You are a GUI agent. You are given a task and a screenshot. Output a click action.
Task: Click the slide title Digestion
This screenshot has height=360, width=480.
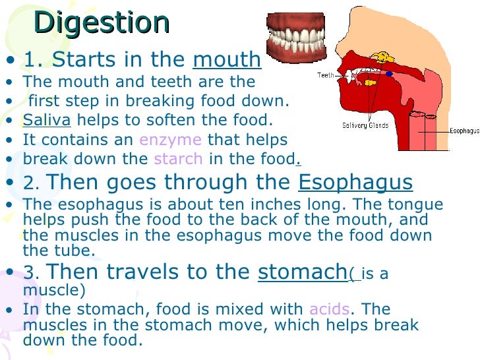[x=102, y=23]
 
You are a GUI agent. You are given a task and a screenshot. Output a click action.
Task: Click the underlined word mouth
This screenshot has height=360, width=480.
[x=227, y=60]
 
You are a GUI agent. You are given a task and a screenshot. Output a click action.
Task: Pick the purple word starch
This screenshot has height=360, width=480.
[x=174, y=159]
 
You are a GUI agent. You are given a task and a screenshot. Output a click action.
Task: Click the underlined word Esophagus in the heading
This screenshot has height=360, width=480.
[x=355, y=182]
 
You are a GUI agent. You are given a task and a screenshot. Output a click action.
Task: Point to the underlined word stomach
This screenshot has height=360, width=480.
[x=302, y=272]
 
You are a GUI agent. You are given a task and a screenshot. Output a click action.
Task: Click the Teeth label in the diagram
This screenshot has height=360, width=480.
[x=326, y=76]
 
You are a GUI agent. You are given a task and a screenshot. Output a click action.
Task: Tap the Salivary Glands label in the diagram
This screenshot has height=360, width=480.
[x=365, y=125]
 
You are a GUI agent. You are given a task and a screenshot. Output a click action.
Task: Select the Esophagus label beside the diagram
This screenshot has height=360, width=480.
[x=464, y=131]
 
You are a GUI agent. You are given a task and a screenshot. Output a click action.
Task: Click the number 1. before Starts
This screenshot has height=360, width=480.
[x=34, y=60]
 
